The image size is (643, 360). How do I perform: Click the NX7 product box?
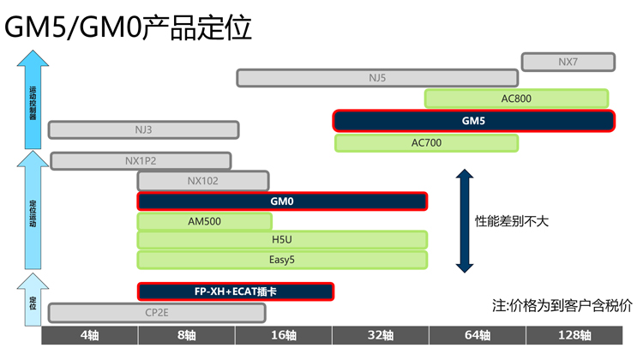click(568, 62)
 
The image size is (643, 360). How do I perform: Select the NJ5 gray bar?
click(378, 78)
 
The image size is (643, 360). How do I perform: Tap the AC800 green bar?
click(516, 99)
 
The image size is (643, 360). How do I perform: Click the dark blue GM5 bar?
click(474, 121)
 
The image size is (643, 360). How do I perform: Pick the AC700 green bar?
click(427, 142)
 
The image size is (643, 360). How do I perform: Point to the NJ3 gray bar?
click(143, 130)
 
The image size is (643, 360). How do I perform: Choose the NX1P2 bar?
click(141, 160)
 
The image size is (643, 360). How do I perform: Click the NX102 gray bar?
click(203, 181)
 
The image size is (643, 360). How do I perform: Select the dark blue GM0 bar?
click(282, 201)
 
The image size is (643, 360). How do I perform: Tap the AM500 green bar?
click(204, 221)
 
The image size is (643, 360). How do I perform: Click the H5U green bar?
click(282, 240)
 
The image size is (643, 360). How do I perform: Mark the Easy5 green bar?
click(282, 259)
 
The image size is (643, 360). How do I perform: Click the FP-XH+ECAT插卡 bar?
click(236, 291)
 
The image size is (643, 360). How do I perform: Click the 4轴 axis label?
click(89, 335)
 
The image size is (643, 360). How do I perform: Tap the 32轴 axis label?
click(380, 335)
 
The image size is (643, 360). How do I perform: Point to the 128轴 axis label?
click(574, 335)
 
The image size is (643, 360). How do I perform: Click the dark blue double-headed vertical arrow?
click(464, 221)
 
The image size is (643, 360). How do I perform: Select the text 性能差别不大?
click(512, 221)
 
